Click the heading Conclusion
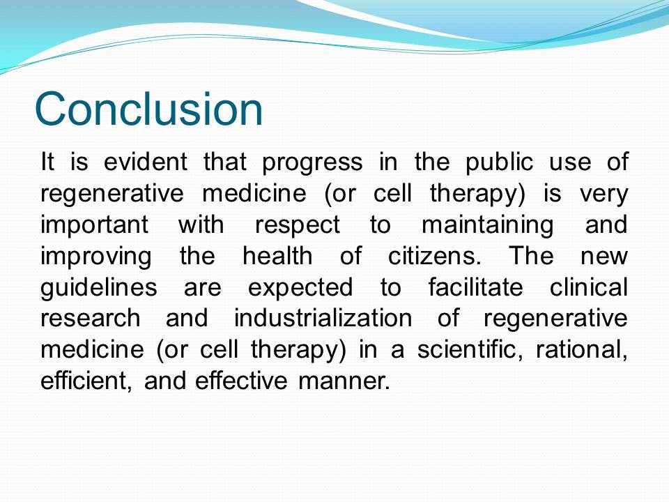(x=148, y=109)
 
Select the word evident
(x=146, y=162)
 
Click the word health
(x=277, y=256)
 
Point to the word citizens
(x=434, y=256)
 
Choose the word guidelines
(x=98, y=289)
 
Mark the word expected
(x=300, y=289)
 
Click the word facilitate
(x=476, y=287)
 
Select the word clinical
(x=589, y=287)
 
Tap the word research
(x=91, y=318)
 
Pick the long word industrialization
(x=323, y=318)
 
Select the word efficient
(x=86, y=381)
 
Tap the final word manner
(x=344, y=381)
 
